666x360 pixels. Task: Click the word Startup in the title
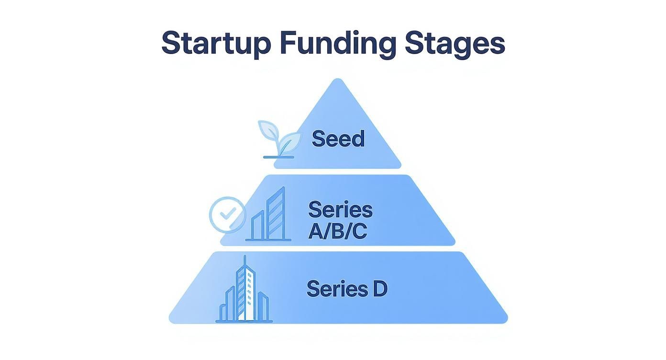click(216, 43)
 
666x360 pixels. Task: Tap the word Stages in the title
click(455, 43)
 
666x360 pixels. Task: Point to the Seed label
click(338, 139)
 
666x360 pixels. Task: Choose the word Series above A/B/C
click(340, 210)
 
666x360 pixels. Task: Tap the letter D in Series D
click(378, 289)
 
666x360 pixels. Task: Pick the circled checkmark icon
click(227, 215)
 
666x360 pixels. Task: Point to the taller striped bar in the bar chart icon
click(277, 214)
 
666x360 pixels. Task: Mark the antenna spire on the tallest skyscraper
click(244, 261)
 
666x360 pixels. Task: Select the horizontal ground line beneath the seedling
click(278, 157)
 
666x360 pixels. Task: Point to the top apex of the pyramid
click(338, 80)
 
